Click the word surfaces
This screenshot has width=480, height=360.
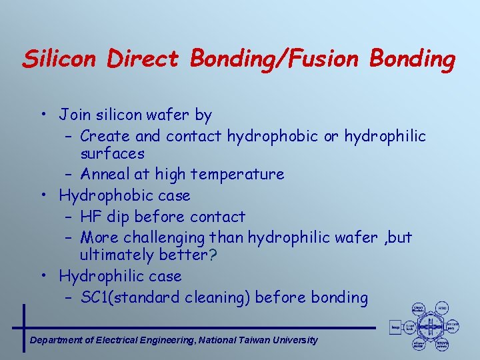(x=112, y=153)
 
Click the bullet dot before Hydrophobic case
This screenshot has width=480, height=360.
(x=42, y=196)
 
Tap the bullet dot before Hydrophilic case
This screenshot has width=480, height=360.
(x=42, y=276)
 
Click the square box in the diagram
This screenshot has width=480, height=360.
(x=395, y=327)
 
